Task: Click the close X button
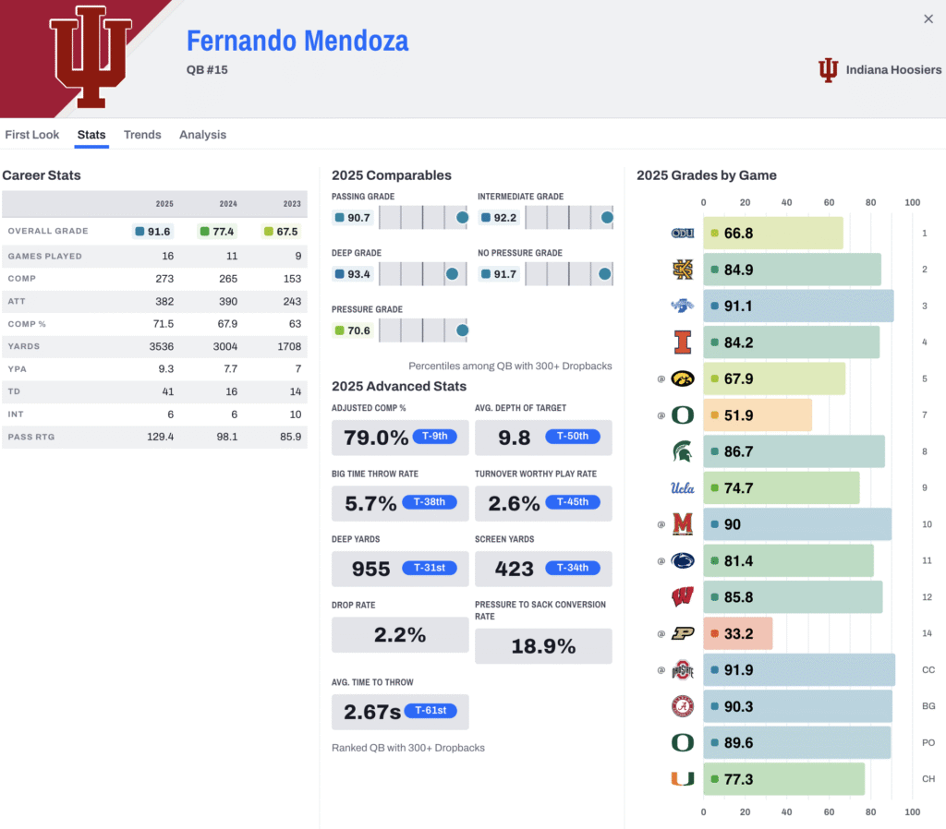point(928,19)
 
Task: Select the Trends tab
point(142,135)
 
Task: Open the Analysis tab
point(202,135)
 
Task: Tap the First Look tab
point(32,135)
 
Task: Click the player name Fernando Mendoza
point(297,42)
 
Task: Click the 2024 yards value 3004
point(224,346)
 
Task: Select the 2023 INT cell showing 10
point(295,414)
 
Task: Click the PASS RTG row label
point(31,437)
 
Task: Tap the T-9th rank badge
point(434,437)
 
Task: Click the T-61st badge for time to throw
point(430,710)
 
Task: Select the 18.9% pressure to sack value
point(543,646)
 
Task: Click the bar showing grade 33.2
point(737,634)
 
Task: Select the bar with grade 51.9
point(758,415)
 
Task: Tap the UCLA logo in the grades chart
point(682,488)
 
